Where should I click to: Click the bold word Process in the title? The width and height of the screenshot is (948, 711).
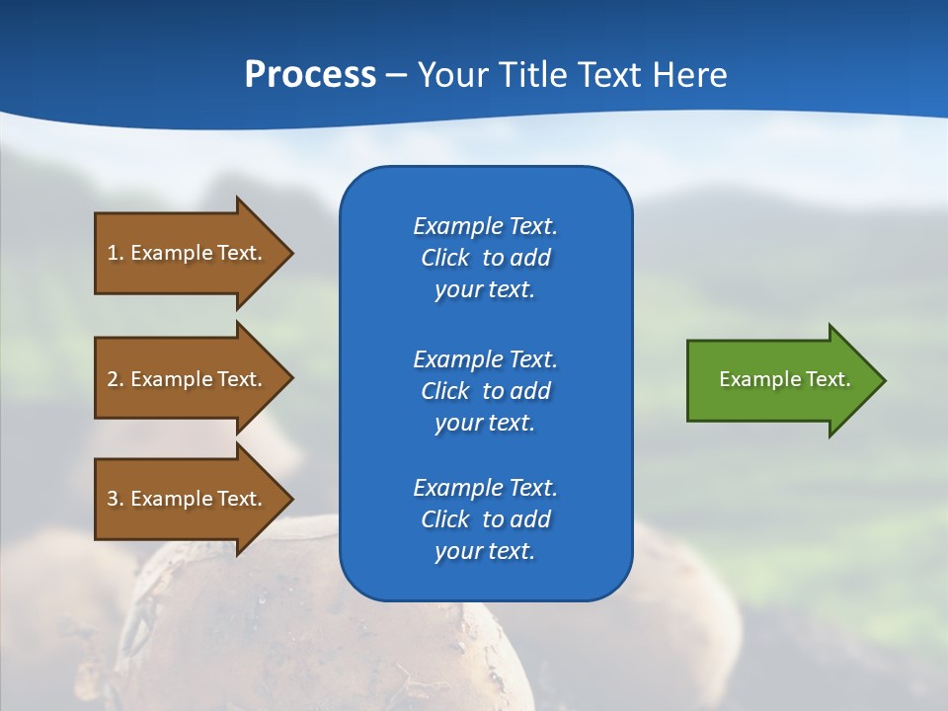pos(310,75)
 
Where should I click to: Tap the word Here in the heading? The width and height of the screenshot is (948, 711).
pos(690,75)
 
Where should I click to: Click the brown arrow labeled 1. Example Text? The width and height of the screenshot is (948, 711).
pos(188,253)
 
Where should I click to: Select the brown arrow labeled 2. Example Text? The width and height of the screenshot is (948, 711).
pos(188,379)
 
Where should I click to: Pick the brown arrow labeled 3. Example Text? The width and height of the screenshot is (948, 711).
pos(188,499)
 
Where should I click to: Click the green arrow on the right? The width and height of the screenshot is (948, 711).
pos(780,380)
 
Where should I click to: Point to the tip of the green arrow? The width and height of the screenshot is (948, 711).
pos(883,380)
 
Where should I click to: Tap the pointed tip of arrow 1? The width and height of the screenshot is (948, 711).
pos(290,253)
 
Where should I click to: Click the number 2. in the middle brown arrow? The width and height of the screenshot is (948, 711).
pos(116,379)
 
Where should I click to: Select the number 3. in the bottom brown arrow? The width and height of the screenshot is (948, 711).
pos(116,499)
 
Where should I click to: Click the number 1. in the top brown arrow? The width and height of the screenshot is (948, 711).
pos(116,253)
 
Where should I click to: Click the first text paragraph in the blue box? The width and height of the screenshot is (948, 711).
pos(485,258)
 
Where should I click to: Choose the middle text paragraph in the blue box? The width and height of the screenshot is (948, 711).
pos(485,391)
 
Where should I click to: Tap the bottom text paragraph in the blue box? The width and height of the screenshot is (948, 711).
pos(485,519)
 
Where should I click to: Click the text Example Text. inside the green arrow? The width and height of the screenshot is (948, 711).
pos(784,379)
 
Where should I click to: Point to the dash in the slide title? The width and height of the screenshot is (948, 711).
pos(396,76)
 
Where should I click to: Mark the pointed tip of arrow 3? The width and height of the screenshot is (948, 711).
pos(290,499)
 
